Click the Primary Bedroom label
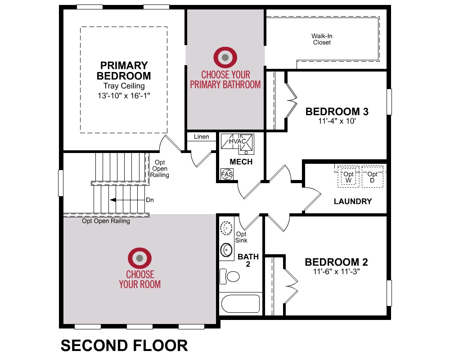[124, 71]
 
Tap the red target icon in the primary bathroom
[225, 58]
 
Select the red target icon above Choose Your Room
[140, 258]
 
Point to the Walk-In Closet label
[322, 39]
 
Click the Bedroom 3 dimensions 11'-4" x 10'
[337, 121]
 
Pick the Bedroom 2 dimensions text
[336, 271]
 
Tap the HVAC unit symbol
[237, 142]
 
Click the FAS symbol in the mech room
[227, 174]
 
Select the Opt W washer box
[348, 176]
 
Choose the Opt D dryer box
[372, 176]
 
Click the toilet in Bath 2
[229, 276]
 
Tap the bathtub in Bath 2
[240, 304]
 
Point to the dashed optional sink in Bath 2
[226, 228]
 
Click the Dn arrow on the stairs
[127, 200]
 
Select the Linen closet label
[201, 137]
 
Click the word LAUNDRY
[353, 201]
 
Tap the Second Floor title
[124, 345]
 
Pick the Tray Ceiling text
[124, 86]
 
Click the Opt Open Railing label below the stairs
[106, 221]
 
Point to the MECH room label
[241, 162]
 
